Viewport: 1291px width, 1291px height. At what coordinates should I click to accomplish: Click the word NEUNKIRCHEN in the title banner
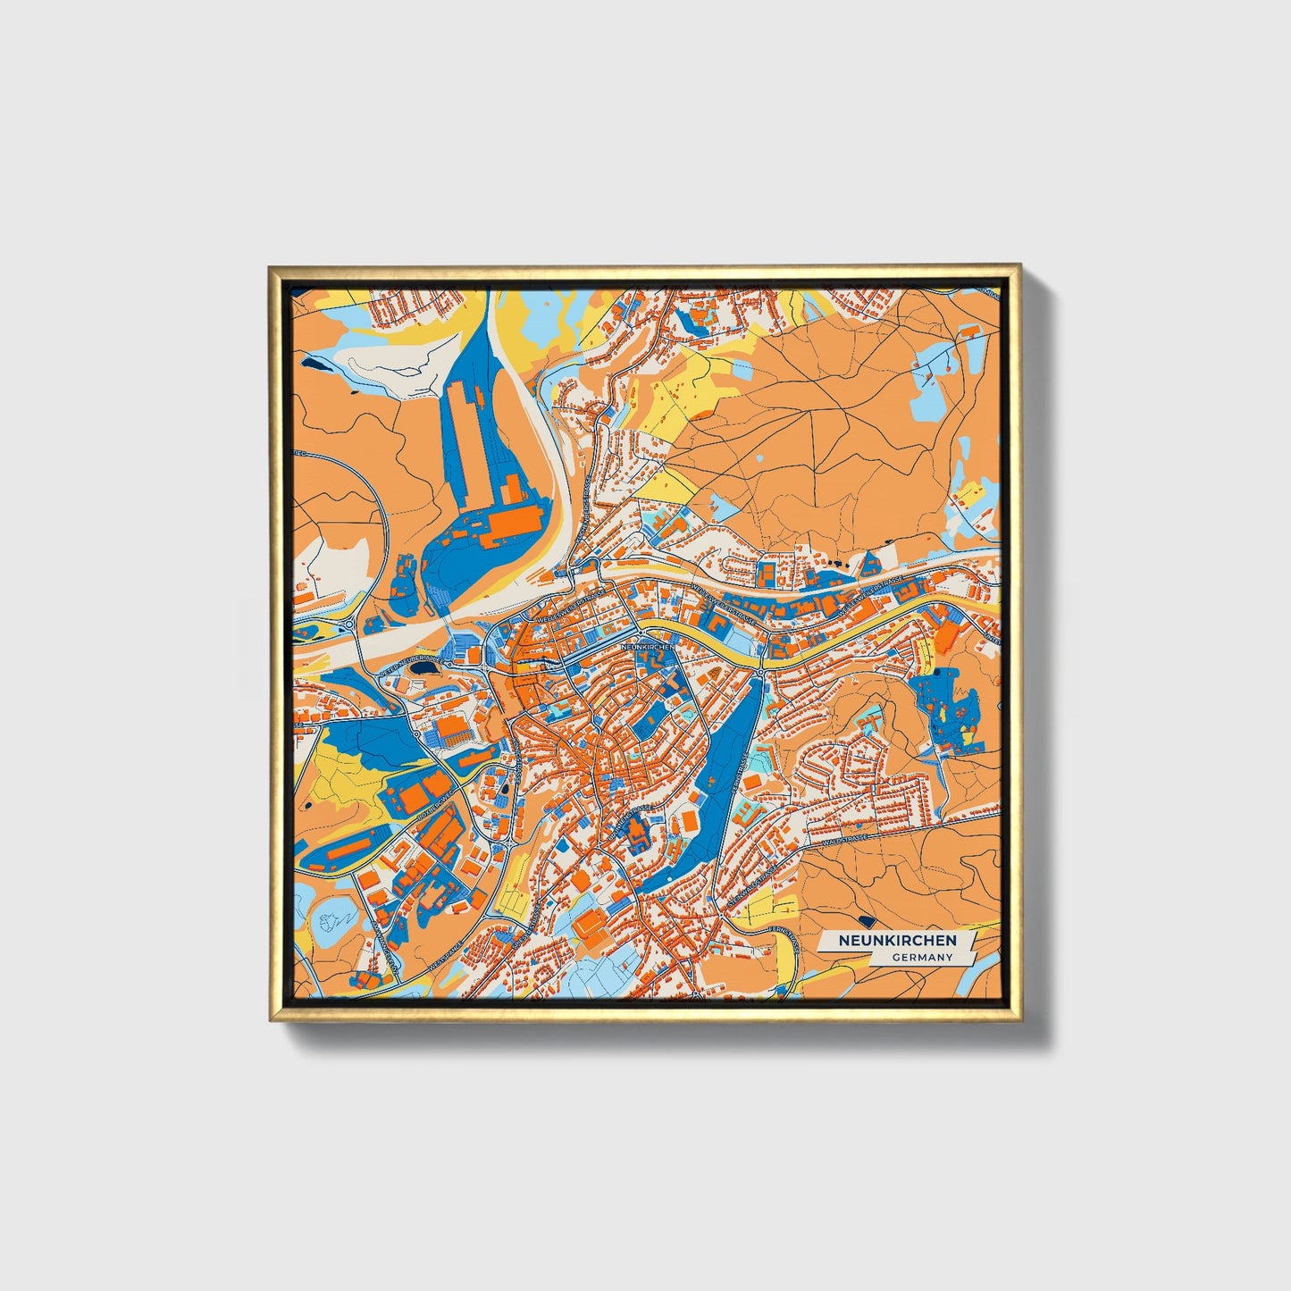pyautogui.click(x=896, y=941)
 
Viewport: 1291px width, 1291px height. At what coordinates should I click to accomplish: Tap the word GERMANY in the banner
pyautogui.click(x=921, y=957)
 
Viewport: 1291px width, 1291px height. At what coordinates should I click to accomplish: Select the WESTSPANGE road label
pyautogui.click(x=444, y=955)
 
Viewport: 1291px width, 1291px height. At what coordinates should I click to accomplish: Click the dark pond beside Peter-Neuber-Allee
pyautogui.click(x=426, y=666)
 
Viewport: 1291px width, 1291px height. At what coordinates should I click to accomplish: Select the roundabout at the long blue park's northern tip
pyautogui.click(x=759, y=671)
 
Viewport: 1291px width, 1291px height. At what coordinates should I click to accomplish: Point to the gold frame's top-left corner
pyautogui.click(x=271, y=267)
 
